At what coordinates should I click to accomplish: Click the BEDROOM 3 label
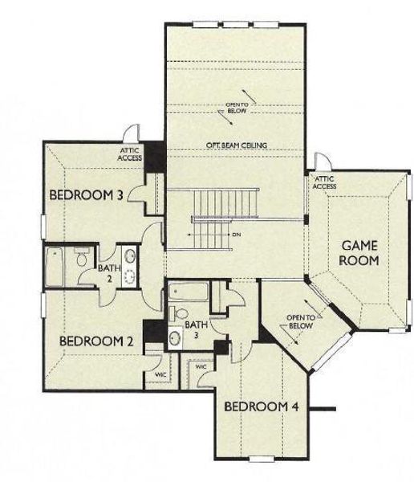[87, 195]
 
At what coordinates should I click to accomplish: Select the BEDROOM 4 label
[261, 407]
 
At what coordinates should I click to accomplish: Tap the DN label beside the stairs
[236, 234]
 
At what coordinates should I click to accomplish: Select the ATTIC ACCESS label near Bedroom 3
[130, 154]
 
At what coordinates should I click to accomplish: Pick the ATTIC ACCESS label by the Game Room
[324, 182]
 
